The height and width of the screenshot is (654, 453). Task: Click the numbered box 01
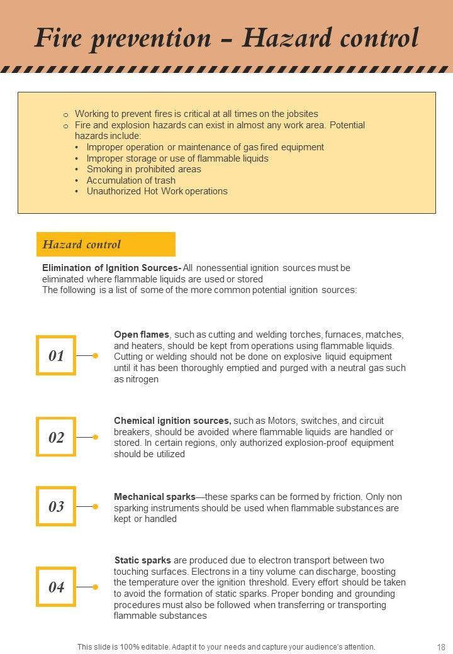(x=56, y=355)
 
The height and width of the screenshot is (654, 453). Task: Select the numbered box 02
(x=56, y=437)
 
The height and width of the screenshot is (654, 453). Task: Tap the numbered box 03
(x=56, y=506)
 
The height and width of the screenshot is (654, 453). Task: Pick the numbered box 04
(x=56, y=587)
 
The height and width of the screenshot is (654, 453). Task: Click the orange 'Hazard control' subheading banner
(x=106, y=244)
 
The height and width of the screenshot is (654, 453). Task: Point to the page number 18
(x=440, y=646)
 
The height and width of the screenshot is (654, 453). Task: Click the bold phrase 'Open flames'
(x=142, y=335)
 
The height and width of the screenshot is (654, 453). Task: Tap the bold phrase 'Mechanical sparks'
(x=155, y=497)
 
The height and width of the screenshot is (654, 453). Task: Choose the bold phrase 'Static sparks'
(x=143, y=560)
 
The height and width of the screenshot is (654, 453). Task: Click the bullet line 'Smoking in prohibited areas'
(x=144, y=169)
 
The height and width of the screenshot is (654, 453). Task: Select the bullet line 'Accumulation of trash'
(x=131, y=180)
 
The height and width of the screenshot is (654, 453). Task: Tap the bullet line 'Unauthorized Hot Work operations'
(x=157, y=191)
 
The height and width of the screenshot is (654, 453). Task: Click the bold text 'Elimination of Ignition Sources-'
(x=112, y=268)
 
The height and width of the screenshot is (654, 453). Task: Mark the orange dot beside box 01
(x=95, y=355)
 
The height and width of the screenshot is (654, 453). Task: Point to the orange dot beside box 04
(x=95, y=587)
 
